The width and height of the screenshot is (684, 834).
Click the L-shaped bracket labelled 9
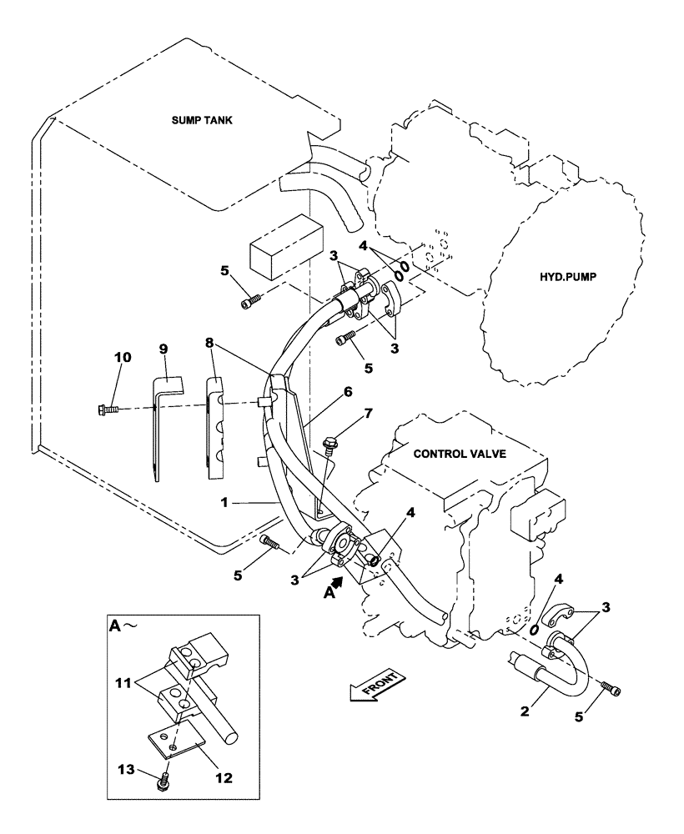click(160, 425)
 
